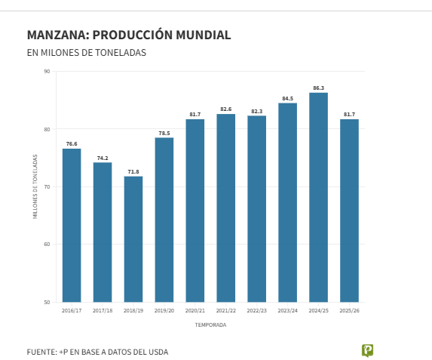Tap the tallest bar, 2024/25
coord(318,197)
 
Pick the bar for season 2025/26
coord(349,211)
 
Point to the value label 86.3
coord(318,88)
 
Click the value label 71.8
coord(133,171)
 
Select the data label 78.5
coord(164,133)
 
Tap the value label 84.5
coord(287,98)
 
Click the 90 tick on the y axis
coord(47,72)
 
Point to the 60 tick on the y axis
coord(47,245)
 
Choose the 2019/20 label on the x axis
coord(164,310)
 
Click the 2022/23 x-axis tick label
coord(256,310)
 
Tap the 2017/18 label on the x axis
coord(103,310)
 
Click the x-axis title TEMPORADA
coord(210,325)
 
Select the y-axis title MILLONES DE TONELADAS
coord(35,186)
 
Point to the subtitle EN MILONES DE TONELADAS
coord(86,53)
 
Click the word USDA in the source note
coord(158,352)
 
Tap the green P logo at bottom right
coord(367,350)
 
